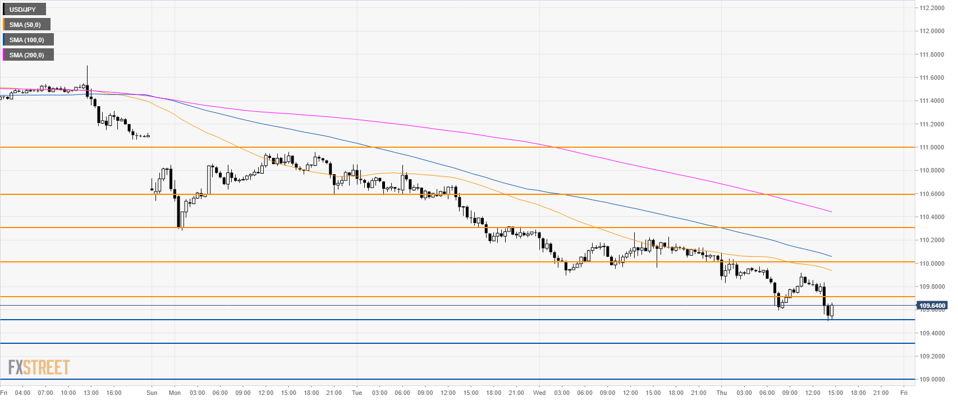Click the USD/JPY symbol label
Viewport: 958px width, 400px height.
click(24, 10)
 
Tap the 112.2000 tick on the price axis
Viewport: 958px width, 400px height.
click(931, 8)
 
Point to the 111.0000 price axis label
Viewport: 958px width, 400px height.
click(931, 147)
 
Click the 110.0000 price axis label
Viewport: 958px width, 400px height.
click(931, 263)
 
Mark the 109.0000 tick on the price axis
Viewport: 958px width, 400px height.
click(931, 379)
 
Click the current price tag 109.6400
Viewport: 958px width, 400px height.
click(932, 306)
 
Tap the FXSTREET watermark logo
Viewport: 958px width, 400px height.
click(39, 367)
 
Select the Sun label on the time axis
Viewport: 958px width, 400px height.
click(152, 393)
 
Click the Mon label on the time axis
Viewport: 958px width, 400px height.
click(175, 393)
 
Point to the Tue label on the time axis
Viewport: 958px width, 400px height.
click(357, 393)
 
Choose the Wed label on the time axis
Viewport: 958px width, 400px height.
click(539, 393)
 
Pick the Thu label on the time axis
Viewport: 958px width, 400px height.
click(722, 393)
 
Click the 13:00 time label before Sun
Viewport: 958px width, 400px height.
click(91, 393)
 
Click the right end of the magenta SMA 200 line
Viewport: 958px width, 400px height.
click(831, 212)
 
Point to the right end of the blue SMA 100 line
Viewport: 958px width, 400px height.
click(831, 257)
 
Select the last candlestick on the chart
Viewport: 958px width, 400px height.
click(832, 311)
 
